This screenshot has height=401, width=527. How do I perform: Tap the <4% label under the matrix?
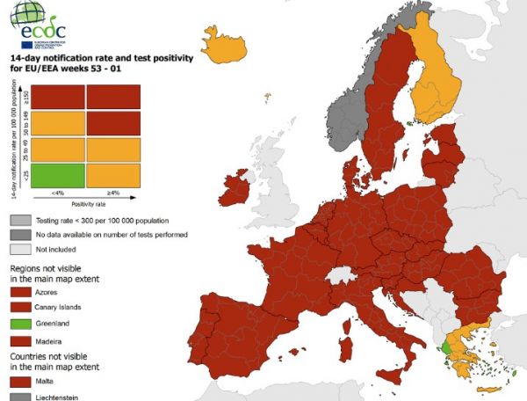(x=57, y=193)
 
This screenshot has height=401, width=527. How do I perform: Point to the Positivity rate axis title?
(x=85, y=203)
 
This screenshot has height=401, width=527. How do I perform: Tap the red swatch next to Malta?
(x=20, y=382)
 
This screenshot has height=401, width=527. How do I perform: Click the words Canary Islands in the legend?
(x=58, y=306)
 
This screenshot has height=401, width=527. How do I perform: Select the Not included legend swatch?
(x=20, y=250)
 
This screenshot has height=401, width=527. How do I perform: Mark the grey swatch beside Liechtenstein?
(x=20, y=397)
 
